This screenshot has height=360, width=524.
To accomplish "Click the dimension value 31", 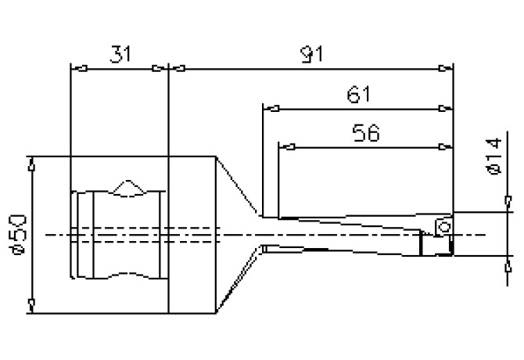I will (x=119, y=54).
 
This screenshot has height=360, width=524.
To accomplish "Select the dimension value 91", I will (x=311, y=54).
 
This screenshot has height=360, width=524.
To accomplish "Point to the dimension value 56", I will (x=365, y=133).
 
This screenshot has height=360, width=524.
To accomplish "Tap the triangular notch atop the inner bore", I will (x=126, y=188).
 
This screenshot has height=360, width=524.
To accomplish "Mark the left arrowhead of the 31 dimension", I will (x=77, y=67).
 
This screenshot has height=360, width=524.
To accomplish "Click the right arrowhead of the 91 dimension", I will (x=447, y=67).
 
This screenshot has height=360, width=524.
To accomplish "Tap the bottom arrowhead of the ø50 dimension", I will (x=31, y=303).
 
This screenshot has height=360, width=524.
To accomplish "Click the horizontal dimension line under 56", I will (x=365, y=146).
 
